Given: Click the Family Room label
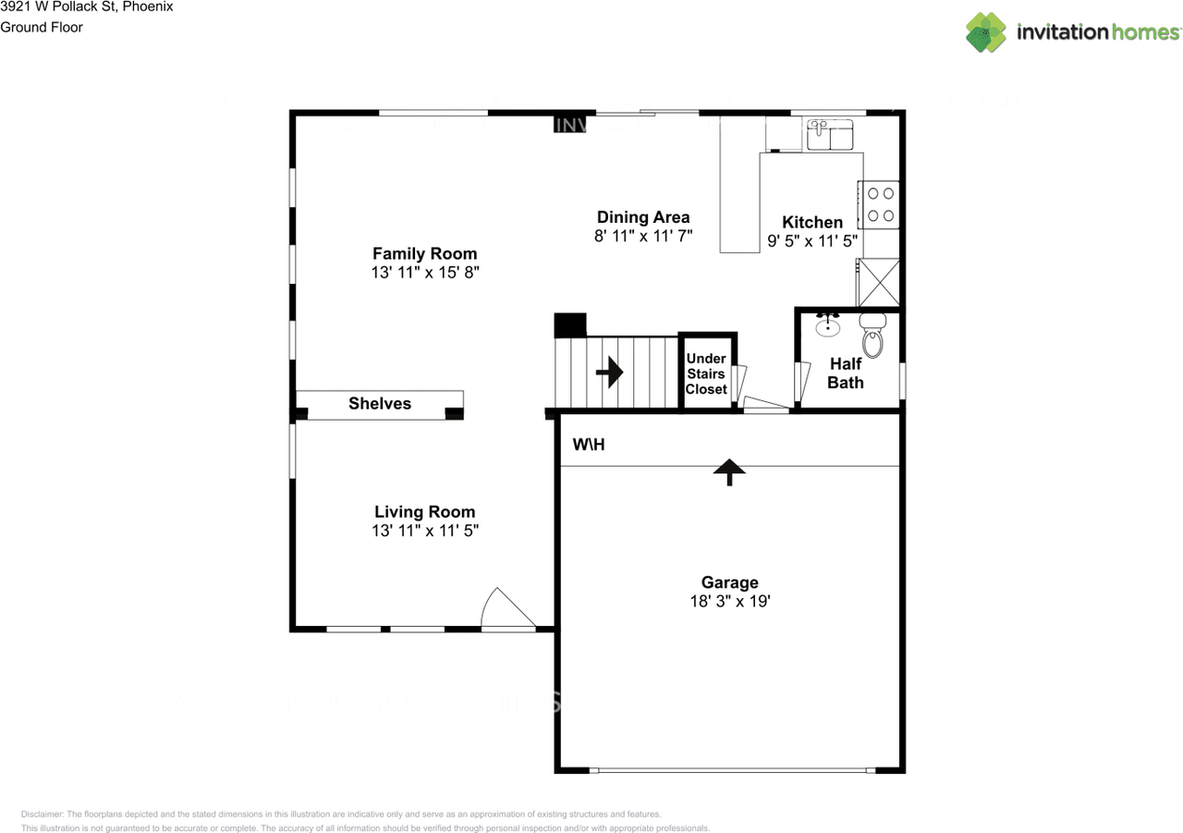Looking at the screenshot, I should coord(424,253).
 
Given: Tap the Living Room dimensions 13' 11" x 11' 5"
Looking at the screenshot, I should coord(424,531).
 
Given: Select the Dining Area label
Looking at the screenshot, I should coord(643,218).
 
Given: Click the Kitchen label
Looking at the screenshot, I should coord(812,222).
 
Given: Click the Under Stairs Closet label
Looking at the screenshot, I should coord(706,374).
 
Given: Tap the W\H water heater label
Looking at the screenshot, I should coord(588,445).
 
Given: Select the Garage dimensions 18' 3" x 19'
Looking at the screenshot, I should coord(729,601).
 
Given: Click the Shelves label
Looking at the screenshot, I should coord(380,404).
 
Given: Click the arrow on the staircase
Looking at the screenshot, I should coord(610,373).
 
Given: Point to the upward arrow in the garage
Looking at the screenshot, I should coord(730,472).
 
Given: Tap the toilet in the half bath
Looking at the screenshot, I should coord(872,337).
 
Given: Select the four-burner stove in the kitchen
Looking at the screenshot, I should coord(879,204).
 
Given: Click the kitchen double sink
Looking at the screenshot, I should coord(830,137).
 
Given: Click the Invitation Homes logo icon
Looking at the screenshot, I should coord(986,32).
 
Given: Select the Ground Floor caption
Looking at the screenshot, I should coord(42,27).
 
